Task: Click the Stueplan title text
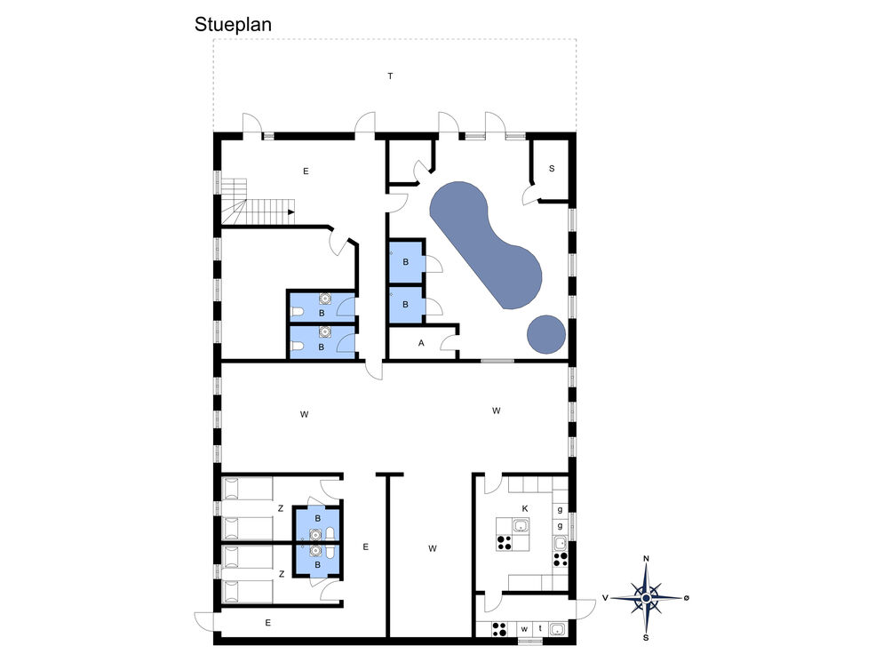pyautogui.click(x=233, y=25)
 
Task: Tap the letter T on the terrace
pyautogui.click(x=390, y=76)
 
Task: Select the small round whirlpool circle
pyautogui.click(x=546, y=335)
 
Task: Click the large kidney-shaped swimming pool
pyautogui.click(x=485, y=244)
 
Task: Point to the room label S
pyautogui.click(x=552, y=169)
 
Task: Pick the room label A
pyautogui.click(x=421, y=342)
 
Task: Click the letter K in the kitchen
pyautogui.click(x=525, y=508)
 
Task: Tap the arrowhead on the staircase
pyautogui.click(x=291, y=211)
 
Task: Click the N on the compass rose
pyautogui.click(x=647, y=558)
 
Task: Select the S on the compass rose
pyautogui.click(x=646, y=638)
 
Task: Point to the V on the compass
pyautogui.click(x=605, y=598)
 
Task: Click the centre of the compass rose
pyautogui.click(x=647, y=598)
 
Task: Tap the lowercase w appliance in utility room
pyautogui.click(x=524, y=629)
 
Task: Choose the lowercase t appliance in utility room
pyautogui.click(x=540, y=628)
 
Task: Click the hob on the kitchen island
pyautogui.click(x=504, y=543)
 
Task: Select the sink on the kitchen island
pyautogui.click(x=521, y=526)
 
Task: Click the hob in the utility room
pyautogui.click(x=499, y=629)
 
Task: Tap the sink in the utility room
pyautogui.click(x=557, y=629)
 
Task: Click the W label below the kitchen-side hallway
pyautogui.click(x=433, y=548)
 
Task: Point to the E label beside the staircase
pyautogui.click(x=306, y=171)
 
